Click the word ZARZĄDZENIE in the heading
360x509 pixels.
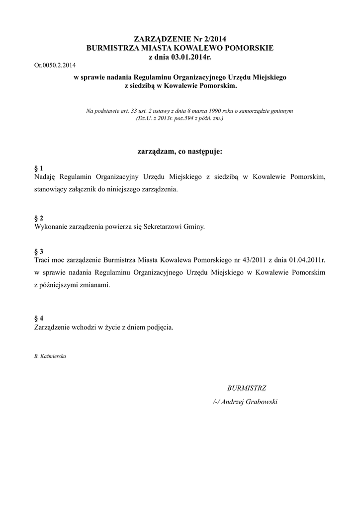point(162,39)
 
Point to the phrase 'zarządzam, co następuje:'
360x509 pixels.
point(180,150)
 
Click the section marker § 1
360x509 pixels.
point(39,169)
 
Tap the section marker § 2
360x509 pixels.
point(39,218)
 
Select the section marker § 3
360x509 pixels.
point(39,252)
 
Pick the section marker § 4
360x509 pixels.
point(39,318)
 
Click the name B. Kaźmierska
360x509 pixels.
point(50,356)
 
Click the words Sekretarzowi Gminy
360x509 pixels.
point(174,227)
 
